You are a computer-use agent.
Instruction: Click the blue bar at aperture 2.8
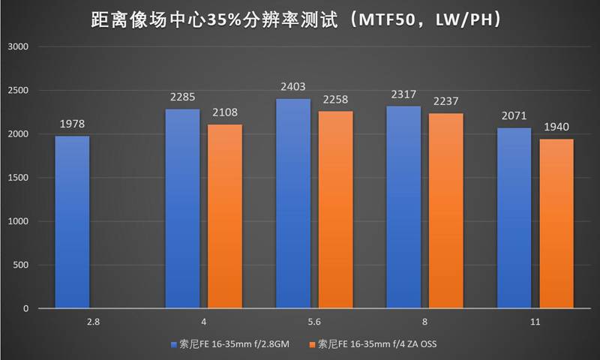tap(72, 222)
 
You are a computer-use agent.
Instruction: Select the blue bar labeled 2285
tap(182, 208)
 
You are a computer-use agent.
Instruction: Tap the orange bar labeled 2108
tap(224, 216)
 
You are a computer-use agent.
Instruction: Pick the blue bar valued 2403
tap(292, 203)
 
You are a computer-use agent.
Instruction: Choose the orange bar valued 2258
tap(334, 210)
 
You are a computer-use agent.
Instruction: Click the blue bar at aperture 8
tap(403, 207)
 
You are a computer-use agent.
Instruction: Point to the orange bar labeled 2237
tap(445, 211)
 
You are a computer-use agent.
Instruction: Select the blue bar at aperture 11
tap(513, 218)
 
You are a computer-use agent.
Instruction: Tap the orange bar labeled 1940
tap(556, 223)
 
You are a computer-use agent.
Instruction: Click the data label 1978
tap(72, 125)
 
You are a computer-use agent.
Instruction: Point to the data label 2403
tap(292, 88)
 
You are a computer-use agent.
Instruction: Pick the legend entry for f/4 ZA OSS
tap(372, 344)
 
